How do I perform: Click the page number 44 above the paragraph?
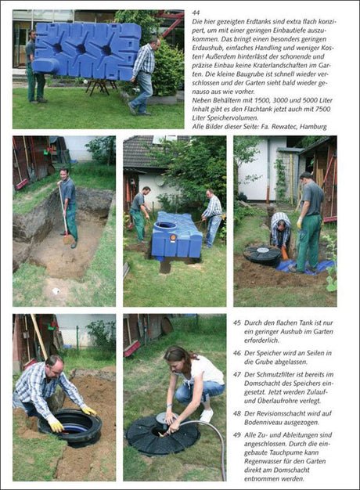[196, 13]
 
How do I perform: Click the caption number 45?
[236, 322]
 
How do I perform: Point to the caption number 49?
[236, 435]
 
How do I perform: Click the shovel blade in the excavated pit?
[68, 240]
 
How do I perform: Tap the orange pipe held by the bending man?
[285, 253]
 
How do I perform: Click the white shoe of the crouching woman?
[207, 416]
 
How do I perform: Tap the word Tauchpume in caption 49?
[287, 452]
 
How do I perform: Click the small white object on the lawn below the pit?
[56, 291]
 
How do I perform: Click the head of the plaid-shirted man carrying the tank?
[155, 44]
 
